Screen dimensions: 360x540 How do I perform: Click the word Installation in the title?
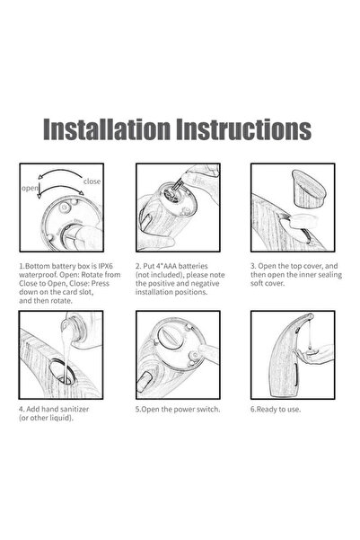point(107,129)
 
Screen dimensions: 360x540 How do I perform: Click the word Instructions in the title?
point(243,129)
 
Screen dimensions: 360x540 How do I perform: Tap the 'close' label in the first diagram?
point(92,181)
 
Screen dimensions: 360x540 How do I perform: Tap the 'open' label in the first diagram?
point(30,189)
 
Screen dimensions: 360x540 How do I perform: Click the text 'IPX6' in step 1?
point(105,266)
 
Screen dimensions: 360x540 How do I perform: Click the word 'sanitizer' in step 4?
point(73,409)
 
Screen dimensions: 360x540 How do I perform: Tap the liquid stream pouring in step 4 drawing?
point(66,348)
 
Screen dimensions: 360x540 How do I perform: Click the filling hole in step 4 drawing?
point(62,372)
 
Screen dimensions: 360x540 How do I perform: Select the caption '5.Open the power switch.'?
point(178,409)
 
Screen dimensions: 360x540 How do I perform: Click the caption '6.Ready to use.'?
point(276,409)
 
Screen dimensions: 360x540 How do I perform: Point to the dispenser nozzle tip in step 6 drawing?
point(310,315)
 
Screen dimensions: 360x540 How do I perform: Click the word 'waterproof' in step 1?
point(37,275)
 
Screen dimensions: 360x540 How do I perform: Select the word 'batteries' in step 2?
point(193,266)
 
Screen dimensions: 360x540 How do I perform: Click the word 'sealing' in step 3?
point(329,275)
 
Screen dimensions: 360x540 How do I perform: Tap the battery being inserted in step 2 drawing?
point(176,186)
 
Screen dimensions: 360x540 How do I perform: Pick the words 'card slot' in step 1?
point(78,292)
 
